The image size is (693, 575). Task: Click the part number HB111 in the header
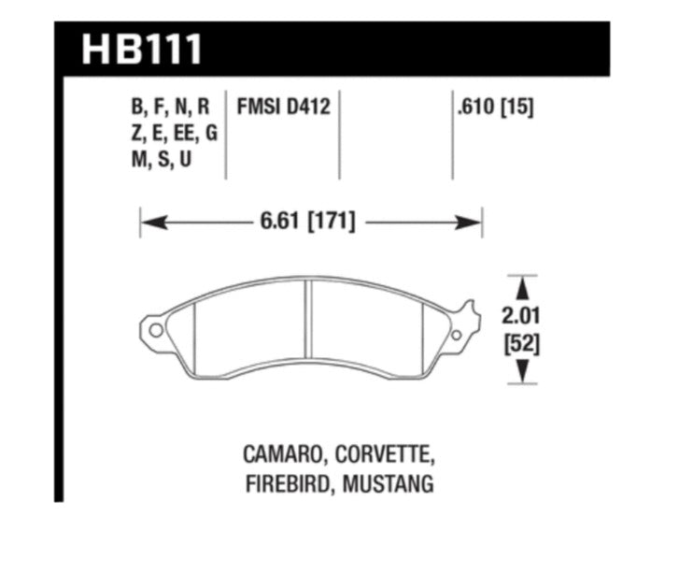tap(141, 49)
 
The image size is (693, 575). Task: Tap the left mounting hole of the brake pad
tap(155, 330)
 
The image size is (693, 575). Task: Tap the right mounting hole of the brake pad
tap(456, 335)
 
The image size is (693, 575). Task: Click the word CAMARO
tap(280, 456)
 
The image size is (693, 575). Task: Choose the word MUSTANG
tap(389, 485)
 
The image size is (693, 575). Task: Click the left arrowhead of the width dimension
tap(149, 223)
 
